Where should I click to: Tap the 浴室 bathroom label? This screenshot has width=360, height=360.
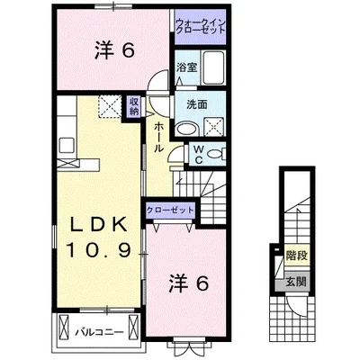tap(186, 67)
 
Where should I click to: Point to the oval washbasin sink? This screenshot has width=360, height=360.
tap(185, 130)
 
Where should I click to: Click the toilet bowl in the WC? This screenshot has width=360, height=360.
tap(220, 151)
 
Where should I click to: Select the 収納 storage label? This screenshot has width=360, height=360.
tap(134, 107)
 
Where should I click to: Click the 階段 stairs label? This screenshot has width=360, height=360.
tap(297, 256)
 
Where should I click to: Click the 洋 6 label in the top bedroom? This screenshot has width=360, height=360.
tap(114, 51)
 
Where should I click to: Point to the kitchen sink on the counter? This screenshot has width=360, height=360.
tap(65, 145)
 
